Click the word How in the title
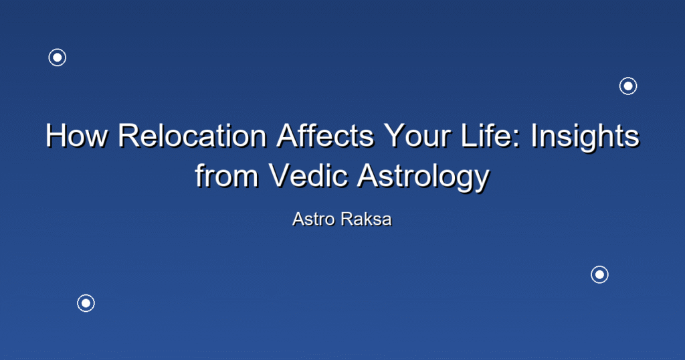click(76, 135)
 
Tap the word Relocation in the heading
click(192, 135)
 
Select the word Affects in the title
click(326, 135)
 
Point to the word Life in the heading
click(491, 135)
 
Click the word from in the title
click(227, 175)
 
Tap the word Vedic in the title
click(308, 175)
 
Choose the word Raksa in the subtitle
click(367, 219)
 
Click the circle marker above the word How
click(58, 58)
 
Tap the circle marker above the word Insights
click(628, 86)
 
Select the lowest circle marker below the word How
click(86, 303)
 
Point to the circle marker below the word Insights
click(600, 275)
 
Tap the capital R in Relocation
click(128, 135)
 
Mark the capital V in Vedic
click(280, 175)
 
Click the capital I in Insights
click(534, 135)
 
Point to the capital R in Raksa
click(347, 219)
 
